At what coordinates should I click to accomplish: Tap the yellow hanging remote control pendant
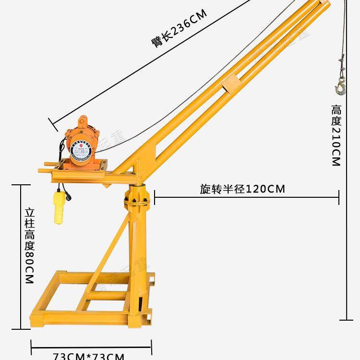tap(60, 207)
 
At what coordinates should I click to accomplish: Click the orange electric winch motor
tap(84, 144)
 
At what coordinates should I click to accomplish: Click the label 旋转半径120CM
tap(242, 189)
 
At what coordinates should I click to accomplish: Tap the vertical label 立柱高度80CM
tap(30, 244)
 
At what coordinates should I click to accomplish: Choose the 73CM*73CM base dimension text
tap(89, 356)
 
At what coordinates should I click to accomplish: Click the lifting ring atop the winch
tap(83, 120)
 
